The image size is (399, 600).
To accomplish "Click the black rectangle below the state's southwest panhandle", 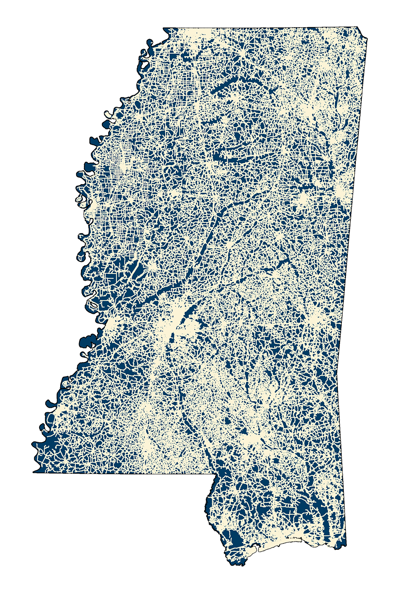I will click(120, 518).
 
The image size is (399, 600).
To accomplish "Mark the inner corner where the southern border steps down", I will click(216, 474).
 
